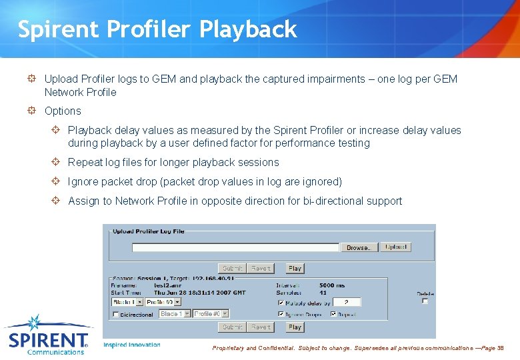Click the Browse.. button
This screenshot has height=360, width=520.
coord(359,247)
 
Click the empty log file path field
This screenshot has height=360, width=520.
coord(235,247)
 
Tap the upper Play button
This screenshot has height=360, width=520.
coord(295,268)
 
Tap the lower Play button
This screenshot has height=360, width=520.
coord(295,327)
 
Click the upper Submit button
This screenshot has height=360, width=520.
coord(233,268)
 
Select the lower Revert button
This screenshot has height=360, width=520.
coord(261,327)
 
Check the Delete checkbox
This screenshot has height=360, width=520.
coord(425,301)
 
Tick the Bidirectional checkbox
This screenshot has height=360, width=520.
coord(116,314)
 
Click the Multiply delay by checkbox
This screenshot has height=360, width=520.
coord(281,303)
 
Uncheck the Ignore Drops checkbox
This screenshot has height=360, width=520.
coord(281,314)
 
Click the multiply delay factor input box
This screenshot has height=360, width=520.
coord(347,302)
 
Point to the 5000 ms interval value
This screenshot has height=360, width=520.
coord(331,285)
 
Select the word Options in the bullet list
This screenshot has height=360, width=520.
coord(63,111)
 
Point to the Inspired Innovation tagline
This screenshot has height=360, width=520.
coord(132,345)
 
